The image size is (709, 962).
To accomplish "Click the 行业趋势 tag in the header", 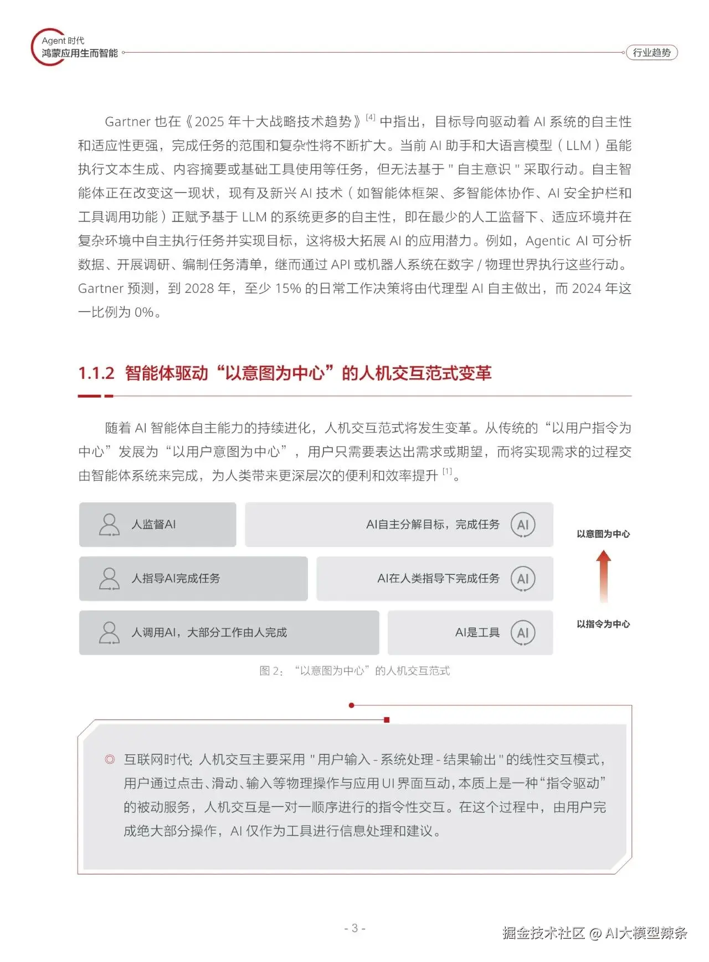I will coord(651,53).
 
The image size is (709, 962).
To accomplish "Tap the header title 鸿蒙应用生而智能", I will coord(80,54).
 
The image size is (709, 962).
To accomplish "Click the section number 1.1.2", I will coord(96,373).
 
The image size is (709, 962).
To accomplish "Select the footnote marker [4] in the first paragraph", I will coord(371,117).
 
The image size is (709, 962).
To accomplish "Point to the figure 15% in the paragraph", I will coord(288,289).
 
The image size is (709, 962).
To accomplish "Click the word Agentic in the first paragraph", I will coord(548,241).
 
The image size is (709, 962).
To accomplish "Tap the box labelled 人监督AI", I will coord(157,524).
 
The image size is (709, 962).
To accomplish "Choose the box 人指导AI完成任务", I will coord(193,579).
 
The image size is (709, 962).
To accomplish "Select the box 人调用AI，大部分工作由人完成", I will coord(229,632).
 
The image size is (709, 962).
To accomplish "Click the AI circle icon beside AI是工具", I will coord(523,632).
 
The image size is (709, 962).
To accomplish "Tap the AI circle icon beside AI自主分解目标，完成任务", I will coord(523,524).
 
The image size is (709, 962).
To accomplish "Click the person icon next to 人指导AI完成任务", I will coord(109,579).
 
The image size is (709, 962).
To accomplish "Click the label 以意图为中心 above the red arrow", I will coord(603,534).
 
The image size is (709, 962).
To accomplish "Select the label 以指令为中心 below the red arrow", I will coord(603,624).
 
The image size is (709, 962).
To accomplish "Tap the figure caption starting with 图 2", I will coord(354,671).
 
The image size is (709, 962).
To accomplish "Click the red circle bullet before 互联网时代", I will coord(110,759).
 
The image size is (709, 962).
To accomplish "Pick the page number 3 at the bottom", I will coord(355,928).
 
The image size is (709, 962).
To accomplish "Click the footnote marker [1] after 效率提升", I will coord(447,472).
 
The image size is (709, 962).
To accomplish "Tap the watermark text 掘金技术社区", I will coord(543,933).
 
